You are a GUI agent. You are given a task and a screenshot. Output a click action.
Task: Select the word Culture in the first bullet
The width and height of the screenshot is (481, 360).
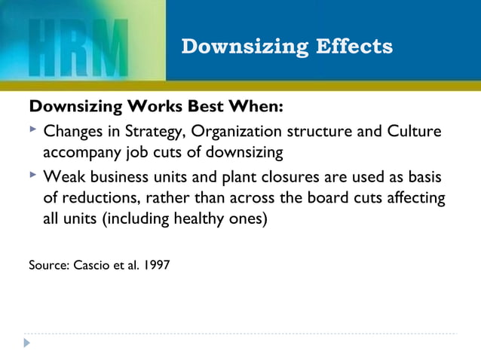(414, 132)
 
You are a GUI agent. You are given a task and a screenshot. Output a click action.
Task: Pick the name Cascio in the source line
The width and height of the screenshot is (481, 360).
(92, 264)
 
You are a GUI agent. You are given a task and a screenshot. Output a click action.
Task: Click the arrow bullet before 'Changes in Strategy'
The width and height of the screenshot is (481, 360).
(32, 131)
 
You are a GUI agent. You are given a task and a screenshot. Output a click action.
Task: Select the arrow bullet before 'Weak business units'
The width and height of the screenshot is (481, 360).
(32, 176)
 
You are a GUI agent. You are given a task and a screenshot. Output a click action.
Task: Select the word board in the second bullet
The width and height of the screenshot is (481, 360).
(314, 200)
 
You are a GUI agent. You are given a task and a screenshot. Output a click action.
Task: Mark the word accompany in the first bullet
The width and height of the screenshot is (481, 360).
(79, 154)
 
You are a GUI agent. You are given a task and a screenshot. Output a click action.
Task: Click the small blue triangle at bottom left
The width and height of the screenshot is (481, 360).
(27, 343)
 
